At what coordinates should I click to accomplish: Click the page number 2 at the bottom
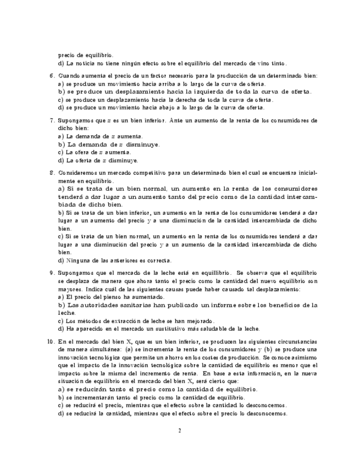point(180,430)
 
